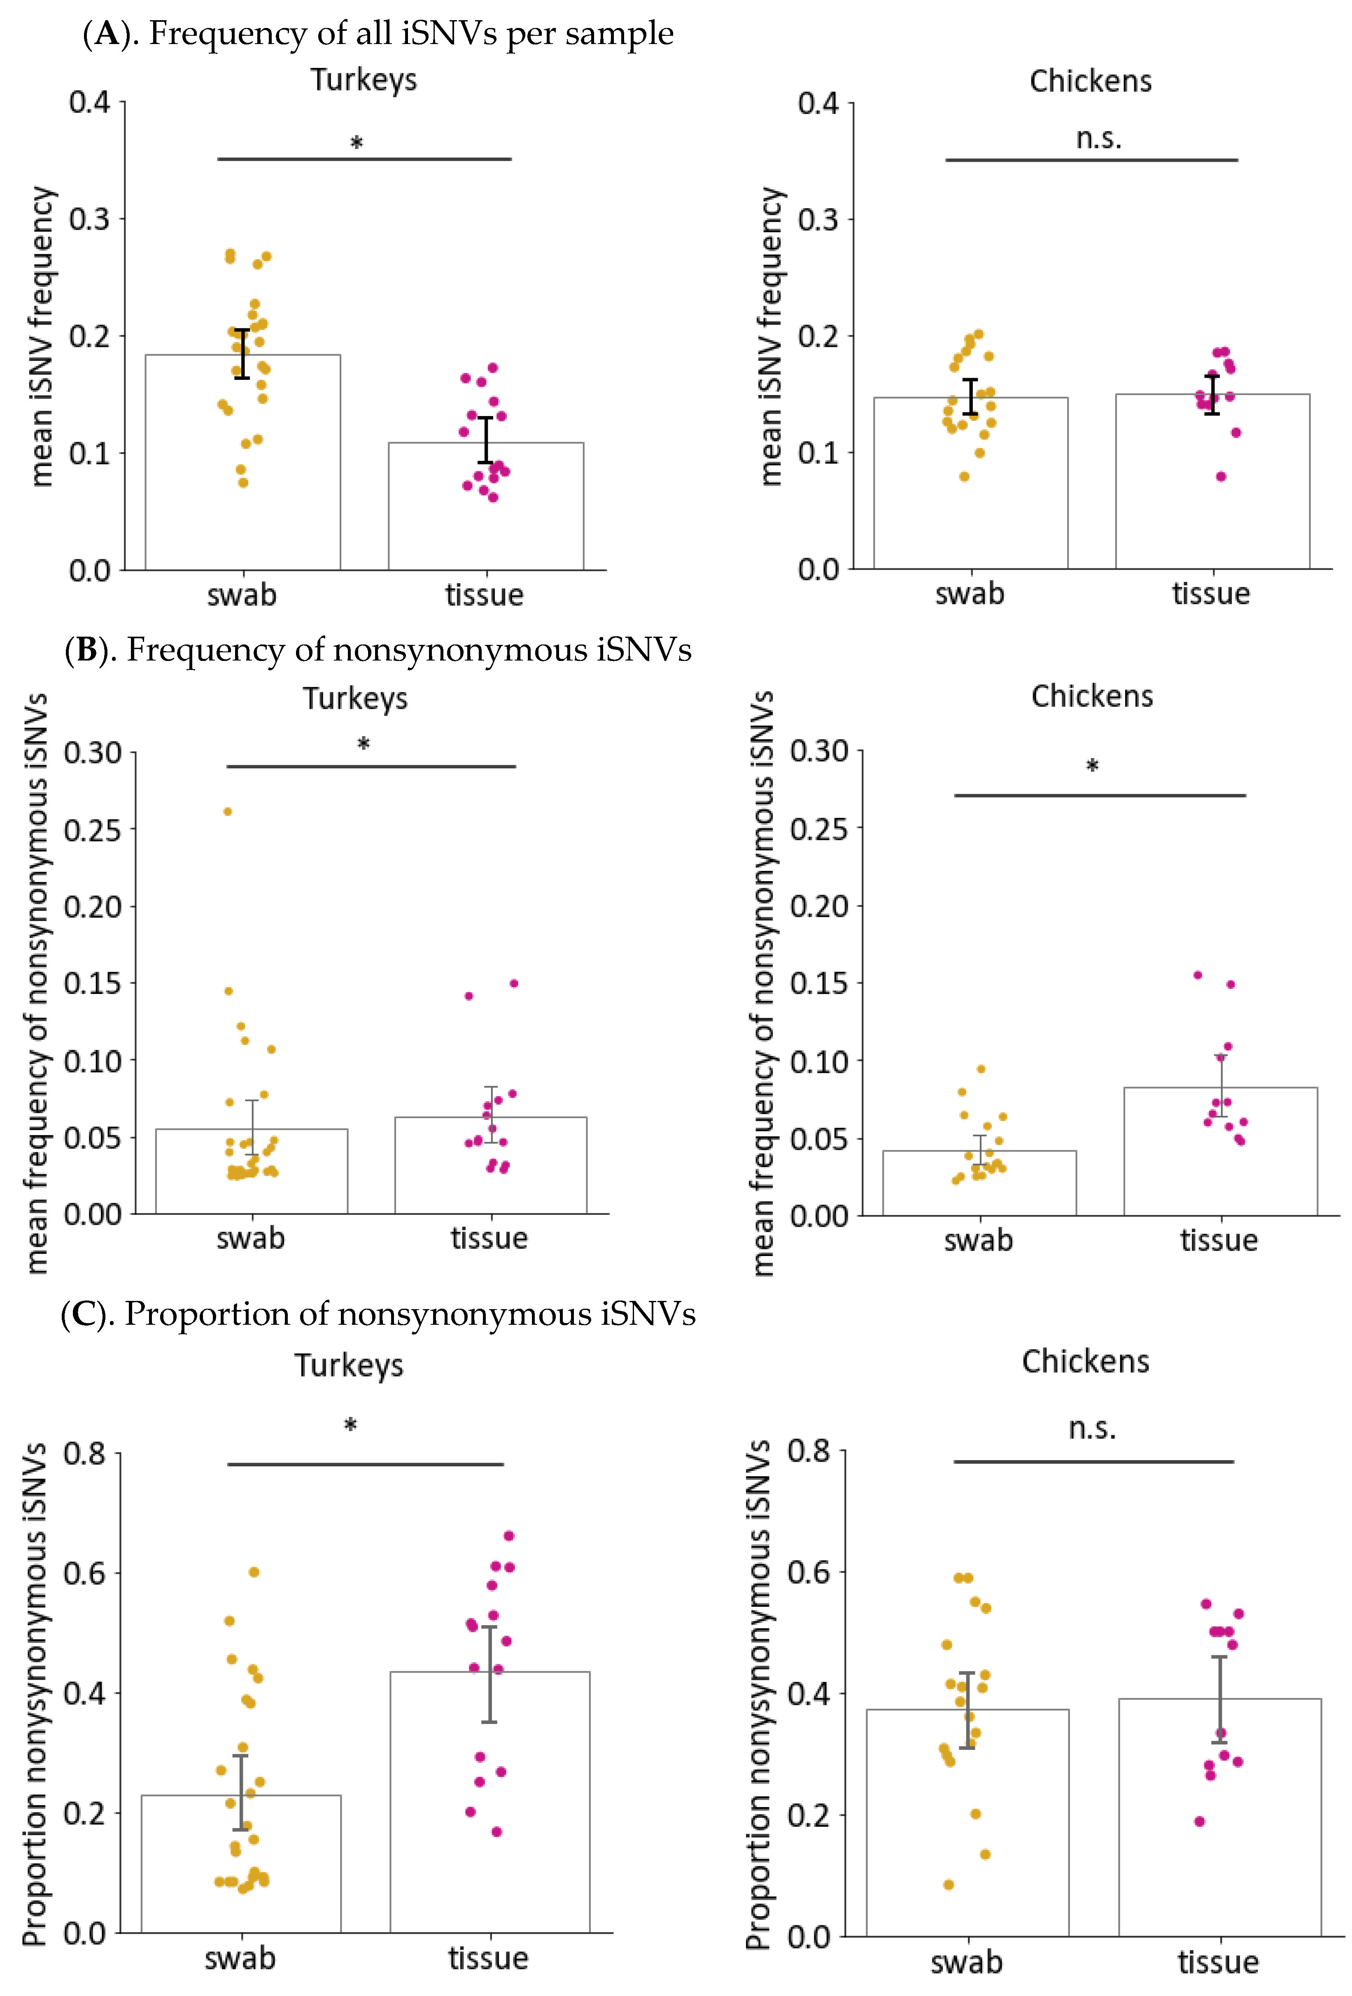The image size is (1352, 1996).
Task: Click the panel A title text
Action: click(378, 33)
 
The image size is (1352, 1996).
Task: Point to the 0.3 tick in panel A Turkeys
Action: click(90, 219)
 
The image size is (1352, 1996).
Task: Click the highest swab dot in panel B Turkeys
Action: click(228, 811)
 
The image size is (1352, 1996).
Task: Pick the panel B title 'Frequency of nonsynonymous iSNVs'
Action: click(378, 650)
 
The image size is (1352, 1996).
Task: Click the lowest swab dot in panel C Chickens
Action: click(948, 1884)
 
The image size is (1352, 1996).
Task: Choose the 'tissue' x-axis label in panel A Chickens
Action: click(1211, 593)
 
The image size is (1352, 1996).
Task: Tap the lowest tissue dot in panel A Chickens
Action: click(1221, 477)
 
